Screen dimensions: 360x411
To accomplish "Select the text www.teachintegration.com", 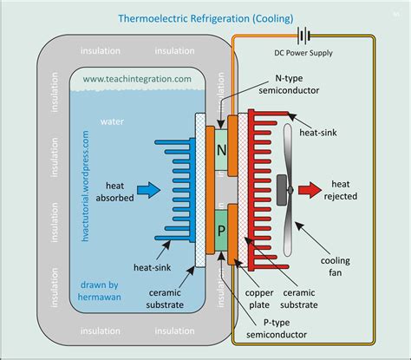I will (x=138, y=79).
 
